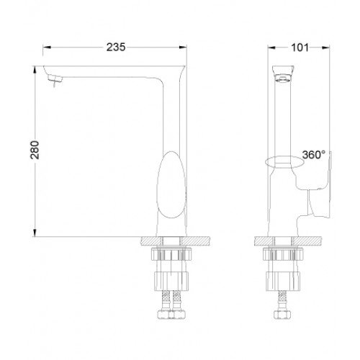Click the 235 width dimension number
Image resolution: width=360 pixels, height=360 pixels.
click(116, 47)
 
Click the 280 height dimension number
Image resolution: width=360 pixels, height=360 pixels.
click(35, 150)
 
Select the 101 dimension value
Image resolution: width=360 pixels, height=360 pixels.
click(300, 48)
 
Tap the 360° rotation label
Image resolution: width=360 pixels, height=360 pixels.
click(314, 155)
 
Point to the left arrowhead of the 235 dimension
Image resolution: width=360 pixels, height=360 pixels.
click(47, 48)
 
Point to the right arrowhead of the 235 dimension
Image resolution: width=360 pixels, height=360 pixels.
click(183, 48)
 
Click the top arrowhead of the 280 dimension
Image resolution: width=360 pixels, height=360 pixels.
click(35, 70)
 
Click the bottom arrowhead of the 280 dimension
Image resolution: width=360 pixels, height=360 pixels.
click(35, 233)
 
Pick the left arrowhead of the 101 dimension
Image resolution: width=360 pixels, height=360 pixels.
click(271, 48)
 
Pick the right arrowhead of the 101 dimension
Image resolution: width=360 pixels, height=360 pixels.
click(325, 48)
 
